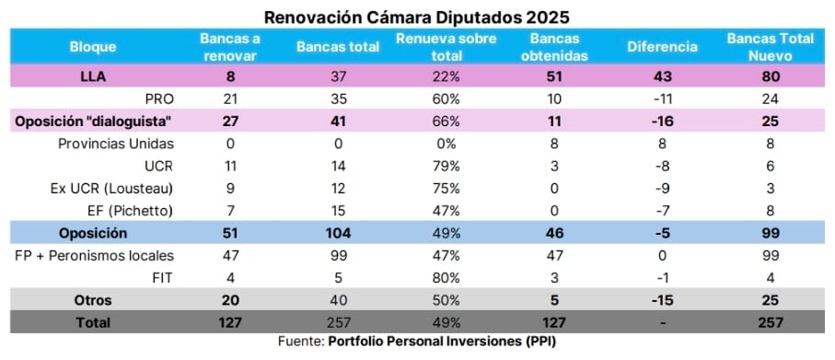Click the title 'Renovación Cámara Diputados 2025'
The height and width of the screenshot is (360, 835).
pyautogui.click(x=417, y=17)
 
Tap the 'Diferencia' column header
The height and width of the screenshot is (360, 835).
pyautogui.click(x=662, y=46)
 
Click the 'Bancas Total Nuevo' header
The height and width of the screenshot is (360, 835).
pyautogui.click(x=771, y=46)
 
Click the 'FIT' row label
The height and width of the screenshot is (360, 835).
pyautogui.click(x=164, y=277)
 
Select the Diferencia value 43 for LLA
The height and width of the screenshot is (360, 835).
pyautogui.click(x=662, y=77)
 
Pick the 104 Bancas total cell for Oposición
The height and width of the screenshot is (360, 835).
pyautogui.click(x=338, y=233)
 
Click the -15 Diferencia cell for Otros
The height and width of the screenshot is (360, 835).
pyautogui.click(x=662, y=299)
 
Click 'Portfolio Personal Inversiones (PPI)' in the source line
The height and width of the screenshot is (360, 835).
pyautogui.click(x=443, y=342)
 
